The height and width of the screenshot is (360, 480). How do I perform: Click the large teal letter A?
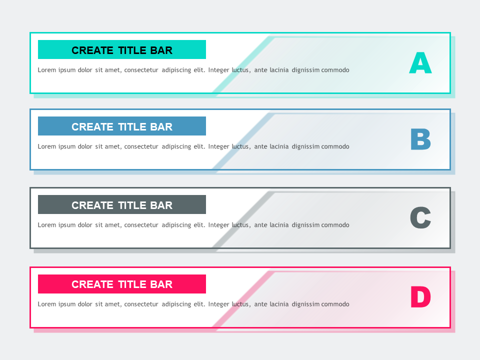420,64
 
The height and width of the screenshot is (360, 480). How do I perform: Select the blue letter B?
420,140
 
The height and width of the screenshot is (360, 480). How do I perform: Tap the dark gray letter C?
420,218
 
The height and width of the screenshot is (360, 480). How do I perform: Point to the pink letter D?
420,297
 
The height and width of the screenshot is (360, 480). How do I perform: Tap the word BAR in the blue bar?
161,127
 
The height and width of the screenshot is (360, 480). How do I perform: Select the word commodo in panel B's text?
335,146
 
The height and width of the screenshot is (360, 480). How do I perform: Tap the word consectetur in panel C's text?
141,225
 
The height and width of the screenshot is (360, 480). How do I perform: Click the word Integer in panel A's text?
218,70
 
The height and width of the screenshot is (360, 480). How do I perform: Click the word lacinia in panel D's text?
279,304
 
